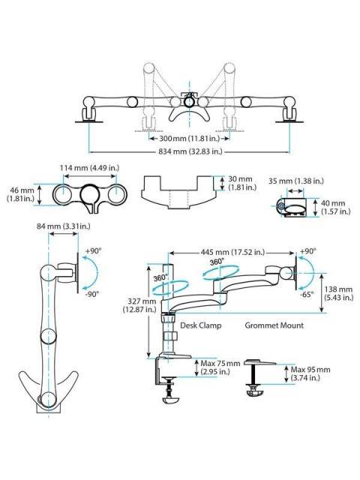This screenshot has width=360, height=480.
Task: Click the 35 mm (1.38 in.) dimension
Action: [x=296, y=181]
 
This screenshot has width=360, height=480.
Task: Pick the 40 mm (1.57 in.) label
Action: [x=332, y=207]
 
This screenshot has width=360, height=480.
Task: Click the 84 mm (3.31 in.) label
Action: [x=62, y=224]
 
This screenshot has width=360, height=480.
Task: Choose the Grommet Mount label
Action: [x=274, y=325]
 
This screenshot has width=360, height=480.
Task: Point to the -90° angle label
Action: [x=92, y=295]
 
